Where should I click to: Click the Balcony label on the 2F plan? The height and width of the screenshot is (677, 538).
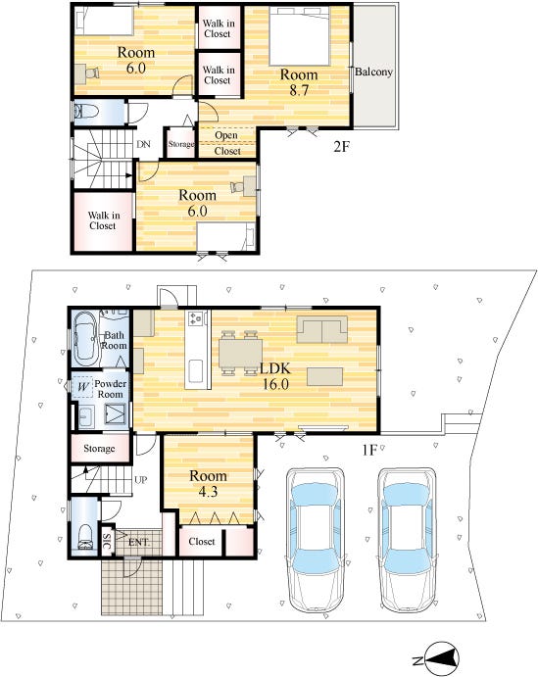click(x=373, y=72)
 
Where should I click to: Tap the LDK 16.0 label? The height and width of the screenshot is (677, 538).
click(x=275, y=376)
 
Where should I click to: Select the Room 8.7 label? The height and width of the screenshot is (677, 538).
click(x=299, y=82)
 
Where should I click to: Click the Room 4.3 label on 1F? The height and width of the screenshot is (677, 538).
click(x=208, y=484)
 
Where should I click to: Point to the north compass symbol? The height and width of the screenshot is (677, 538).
click(x=441, y=659)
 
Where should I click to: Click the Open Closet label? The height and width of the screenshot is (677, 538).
click(x=227, y=143)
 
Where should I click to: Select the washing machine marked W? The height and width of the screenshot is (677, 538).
click(x=83, y=386)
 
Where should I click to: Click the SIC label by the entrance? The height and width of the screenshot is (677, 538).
click(x=107, y=540)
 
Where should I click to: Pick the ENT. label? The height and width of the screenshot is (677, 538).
click(x=138, y=542)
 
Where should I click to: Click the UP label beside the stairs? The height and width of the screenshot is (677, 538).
click(x=141, y=480)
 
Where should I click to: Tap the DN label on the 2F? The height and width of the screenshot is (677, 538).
click(x=143, y=144)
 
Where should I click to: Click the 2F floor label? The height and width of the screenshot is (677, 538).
click(x=341, y=147)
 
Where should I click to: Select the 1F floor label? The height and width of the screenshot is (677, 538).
click(x=369, y=450)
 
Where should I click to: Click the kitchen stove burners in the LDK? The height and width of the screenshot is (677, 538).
click(x=196, y=318)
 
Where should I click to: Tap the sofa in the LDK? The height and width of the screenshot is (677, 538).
click(x=322, y=329)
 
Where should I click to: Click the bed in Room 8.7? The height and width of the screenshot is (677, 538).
click(x=300, y=36)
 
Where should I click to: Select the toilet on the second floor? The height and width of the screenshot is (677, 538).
click(x=84, y=113)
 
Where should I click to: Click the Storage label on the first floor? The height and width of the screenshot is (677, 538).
click(x=99, y=448)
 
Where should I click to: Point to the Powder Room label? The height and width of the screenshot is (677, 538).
click(x=111, y=389)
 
